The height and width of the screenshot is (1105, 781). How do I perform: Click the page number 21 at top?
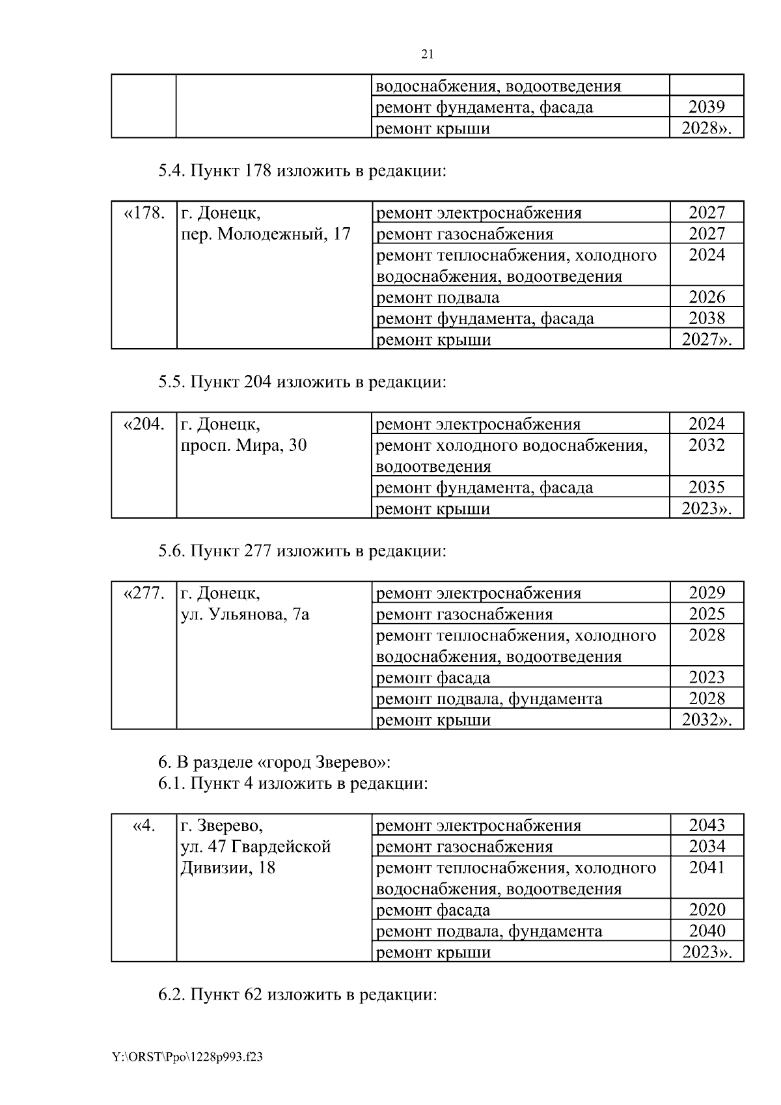(x=428, y=54)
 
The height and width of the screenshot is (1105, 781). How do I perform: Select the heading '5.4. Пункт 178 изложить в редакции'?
(x=302, y=171)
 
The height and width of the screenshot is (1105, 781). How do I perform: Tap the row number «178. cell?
(x=144, y=213)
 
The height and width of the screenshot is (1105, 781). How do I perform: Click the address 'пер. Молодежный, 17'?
(x=265, y=234)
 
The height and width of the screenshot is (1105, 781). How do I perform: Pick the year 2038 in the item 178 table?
(x=706, y=318)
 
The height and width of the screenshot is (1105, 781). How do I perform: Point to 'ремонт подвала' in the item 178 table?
(x=438, y=297)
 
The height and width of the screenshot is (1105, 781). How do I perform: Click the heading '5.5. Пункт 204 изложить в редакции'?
(x=302, y=382)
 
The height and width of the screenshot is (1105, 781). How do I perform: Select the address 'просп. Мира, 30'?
(x=243, y=445)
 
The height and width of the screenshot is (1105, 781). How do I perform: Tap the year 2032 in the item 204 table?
(x=706, y=445)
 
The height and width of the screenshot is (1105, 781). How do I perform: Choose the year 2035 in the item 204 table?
(x=706, y=487)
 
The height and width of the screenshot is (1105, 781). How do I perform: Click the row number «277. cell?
(x=144, y=593)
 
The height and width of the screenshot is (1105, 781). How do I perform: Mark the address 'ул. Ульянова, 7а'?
(x=244, y=614)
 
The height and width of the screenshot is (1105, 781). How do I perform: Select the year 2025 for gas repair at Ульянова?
(x=706, y=614)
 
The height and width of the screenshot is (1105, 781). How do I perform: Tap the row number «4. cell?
(x=144, y=826)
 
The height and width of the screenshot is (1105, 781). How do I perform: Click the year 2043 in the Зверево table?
(x=706, y=826)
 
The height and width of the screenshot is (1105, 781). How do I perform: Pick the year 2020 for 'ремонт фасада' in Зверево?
(x=706, y=910)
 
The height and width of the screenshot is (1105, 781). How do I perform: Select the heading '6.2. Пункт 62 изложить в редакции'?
(x=297, y=995)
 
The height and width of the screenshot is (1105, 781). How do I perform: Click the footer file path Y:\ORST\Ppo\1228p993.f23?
(x=187, y=1057)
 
